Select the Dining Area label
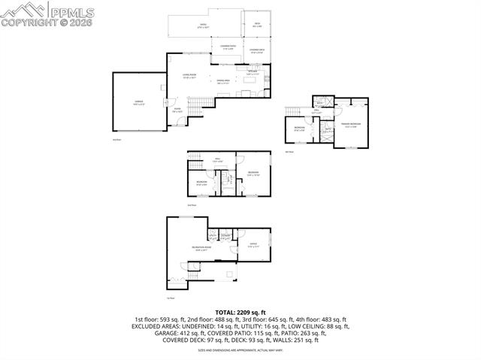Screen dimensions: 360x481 click(x=223, y=80)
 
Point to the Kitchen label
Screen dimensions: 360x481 click(x=253, y=71)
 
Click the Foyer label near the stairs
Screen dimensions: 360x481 click(x=178, y=110)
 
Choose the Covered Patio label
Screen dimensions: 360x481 click(x=228, y=47)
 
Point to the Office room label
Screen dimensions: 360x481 click(x=254, y=244)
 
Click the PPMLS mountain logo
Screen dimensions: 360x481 click(x=23, y=10)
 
